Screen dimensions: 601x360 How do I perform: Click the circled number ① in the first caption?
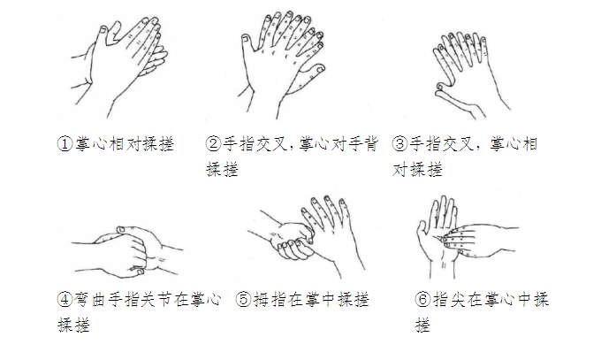(x=65, y=144)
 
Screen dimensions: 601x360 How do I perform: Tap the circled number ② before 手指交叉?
(x=214, y=144)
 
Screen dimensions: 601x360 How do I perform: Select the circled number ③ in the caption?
(x=399, y=144)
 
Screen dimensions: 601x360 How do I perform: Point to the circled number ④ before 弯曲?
(x=65, y=299)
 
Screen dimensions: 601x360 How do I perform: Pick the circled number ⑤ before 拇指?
(x=243, y=299)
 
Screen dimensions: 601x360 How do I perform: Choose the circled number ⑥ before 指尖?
(x=422, y=299)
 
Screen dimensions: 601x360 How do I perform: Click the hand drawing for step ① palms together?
(x=118, y=66)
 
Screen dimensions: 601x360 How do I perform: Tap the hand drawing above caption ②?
(x=282, y=65)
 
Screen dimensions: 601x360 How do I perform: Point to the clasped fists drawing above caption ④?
(x=127, y=251)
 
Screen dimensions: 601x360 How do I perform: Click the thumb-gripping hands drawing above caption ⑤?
(x=307, y=236)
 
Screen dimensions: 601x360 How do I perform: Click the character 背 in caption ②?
(x=370, y=144)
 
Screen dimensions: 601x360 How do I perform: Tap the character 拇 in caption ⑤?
(x=262, y=299)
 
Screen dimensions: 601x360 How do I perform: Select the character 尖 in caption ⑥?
(x=458, y=299)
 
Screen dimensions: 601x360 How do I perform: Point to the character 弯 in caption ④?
(x=82, y=299)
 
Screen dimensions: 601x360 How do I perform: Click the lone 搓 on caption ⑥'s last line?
(x=423, y=325)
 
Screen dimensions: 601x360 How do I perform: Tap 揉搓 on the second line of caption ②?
(x=223, y=169)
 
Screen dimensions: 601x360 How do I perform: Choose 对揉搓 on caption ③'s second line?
(x=417, y=169)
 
